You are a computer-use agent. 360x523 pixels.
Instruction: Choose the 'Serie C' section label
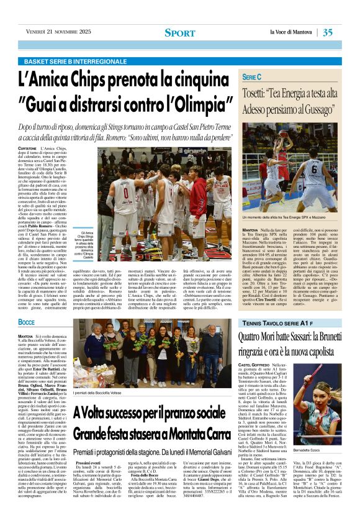(x=251, y=76)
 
